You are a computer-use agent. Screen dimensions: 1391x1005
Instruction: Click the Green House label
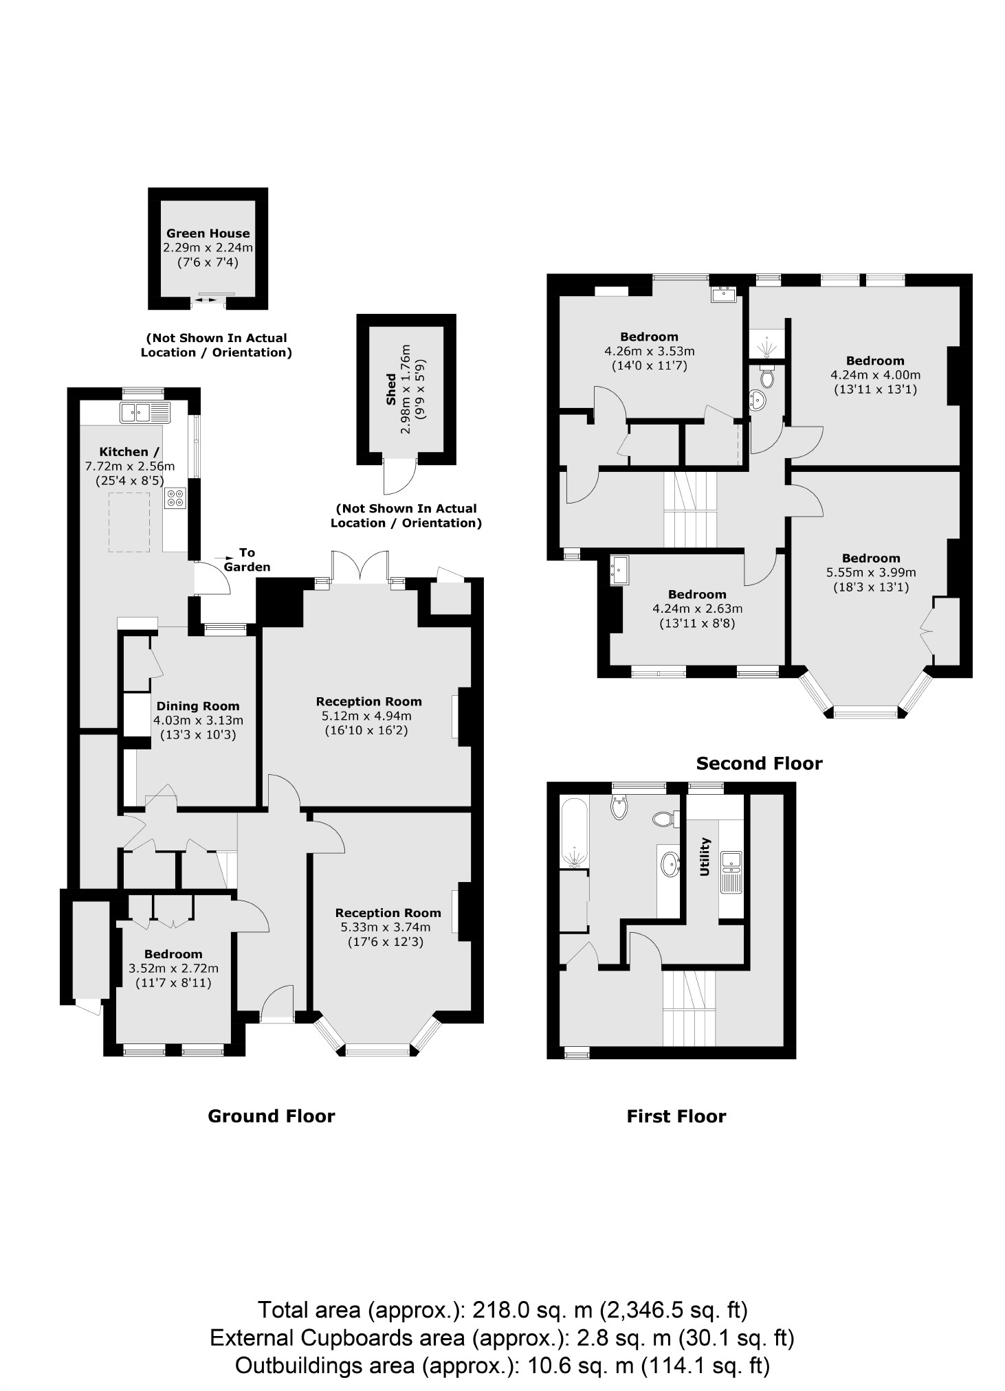pos(208,233)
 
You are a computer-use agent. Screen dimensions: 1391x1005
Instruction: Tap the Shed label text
pos(391,389)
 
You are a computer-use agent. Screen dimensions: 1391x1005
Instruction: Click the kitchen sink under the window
pos(144,412)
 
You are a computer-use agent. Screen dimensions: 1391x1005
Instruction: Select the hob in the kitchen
pos(175,498)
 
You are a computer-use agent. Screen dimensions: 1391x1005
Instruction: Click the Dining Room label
pos(198,705)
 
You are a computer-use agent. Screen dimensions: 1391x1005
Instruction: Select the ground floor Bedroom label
pos(173,954)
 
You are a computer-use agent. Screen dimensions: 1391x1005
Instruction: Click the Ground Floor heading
pos(271,1116)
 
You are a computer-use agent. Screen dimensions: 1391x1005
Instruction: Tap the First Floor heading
pos(676,1116)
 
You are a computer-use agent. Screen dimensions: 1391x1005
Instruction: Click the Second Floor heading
pos(759,763)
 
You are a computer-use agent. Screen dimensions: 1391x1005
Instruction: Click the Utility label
pos(704,857)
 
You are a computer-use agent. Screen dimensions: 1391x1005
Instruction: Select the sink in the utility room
pos(731,859)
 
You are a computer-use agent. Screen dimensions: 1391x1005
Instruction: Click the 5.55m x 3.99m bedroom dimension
pos(870,572)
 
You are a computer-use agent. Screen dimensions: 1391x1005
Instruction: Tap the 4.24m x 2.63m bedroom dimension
pos(697,609)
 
